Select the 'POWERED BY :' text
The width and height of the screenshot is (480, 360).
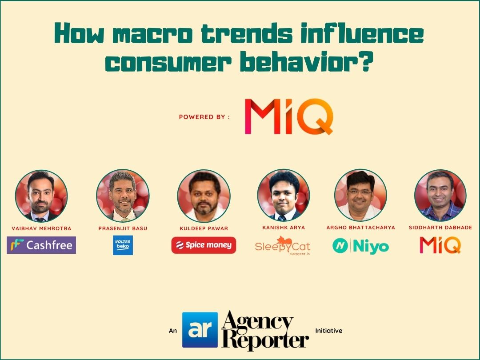pyautogui.click(x=204, y=117)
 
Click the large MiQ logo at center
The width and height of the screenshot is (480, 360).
pyautogui.click(x=289, y=116)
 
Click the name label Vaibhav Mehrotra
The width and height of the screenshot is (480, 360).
pyautogui.click(x=41, y=228)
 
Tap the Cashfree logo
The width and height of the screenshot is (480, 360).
pyautogui.click(x=41, y=245)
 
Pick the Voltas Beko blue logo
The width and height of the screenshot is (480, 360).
pyautogui.click(x=123, y=245)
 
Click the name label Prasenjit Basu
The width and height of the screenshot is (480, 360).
pyautogui.click(x=123, y=228)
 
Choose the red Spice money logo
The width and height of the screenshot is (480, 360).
pyautogui.click(x=204, y=245)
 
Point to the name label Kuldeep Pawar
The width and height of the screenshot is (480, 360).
pyautogui.click(x=204, y=228)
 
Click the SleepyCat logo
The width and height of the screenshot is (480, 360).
pyautogui.click(x=283, y=245)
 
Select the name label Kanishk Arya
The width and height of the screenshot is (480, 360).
pyautogui.click(x=284, y=228)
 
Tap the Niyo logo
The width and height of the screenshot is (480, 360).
pyautogui.click(x=360, y=246)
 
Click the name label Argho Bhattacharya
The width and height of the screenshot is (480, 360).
pyautogui.click(x=360, y=228)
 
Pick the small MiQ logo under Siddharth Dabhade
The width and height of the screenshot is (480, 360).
pyautogui.click(x=440, y=245)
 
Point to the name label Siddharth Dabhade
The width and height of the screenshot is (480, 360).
pyautogui.click(x=440, y=228)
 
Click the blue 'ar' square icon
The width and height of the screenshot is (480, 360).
pyautogui.click(x=200, y=330)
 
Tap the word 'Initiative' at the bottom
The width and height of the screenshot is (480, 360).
pyautogui.click(x=329, y=331)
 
